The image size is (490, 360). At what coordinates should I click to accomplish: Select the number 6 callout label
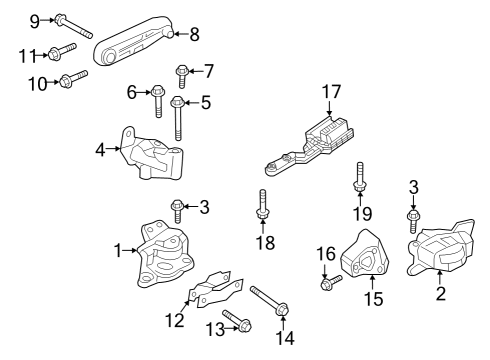[x=131, y=93]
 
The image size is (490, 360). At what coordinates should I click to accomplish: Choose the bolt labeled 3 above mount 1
[x=178, y=211]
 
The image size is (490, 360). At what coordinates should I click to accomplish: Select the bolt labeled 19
[x=358, y=190]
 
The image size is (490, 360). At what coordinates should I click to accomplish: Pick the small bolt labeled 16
[x=330, y=284]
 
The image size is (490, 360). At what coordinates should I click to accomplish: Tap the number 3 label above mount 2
[x=412, y=185]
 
